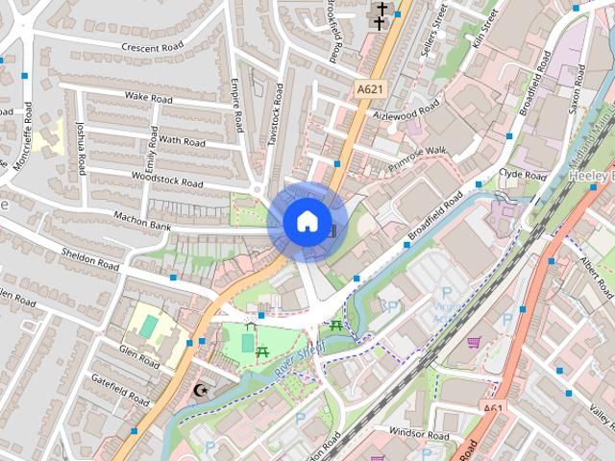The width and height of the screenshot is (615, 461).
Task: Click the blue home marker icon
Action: tap(306, 222)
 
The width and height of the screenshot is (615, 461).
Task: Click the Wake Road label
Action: tap(148, 98)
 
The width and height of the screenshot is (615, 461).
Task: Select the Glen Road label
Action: tap(139, 357)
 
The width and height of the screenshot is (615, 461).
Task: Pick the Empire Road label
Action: tap(236, 108)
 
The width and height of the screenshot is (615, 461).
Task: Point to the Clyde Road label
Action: tap(523, 176)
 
